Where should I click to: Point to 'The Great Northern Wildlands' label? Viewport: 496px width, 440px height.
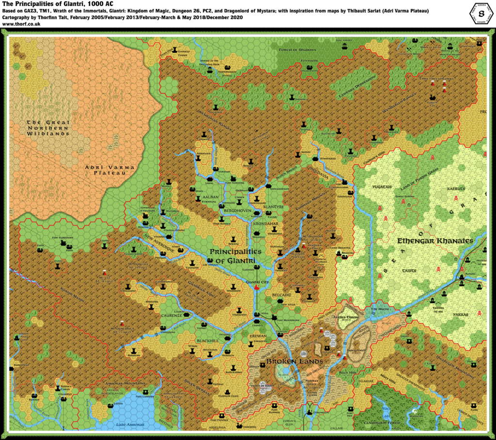pyautogui.click(x=49, y=127)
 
